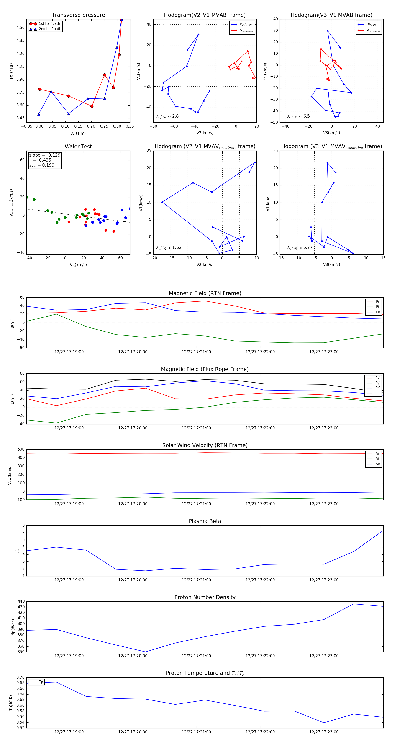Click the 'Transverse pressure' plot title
pos(78,15)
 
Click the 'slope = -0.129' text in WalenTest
pos(45,155)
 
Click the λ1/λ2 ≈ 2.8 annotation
pos(167,116)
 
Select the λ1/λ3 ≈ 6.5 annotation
pos(299,116)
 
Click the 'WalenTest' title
pos(78,147)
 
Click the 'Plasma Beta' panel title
pos(205,521)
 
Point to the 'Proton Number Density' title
pos(205,597)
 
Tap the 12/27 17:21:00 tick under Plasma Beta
pos(196,580)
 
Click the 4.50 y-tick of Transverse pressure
pos(20,28)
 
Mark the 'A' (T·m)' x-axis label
pos(78,133)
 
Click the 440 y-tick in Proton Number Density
pos(22,601)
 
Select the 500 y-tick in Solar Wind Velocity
pos(21,449)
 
